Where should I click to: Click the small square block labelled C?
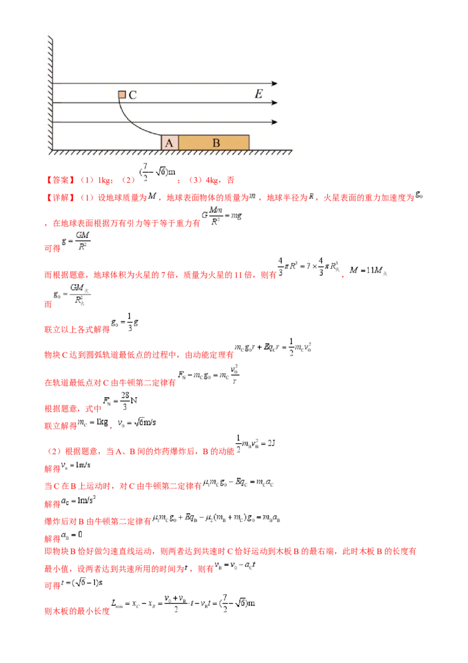point(122,94)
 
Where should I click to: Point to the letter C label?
point(133,95)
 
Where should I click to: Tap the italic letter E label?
point(259,94)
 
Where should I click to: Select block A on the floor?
point(170,142)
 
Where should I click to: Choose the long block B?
point(214,142)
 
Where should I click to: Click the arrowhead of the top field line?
point(274,84)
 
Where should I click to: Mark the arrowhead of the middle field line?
point(274,103)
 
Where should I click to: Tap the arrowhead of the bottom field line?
point(274,122)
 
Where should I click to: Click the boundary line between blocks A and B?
point(178,142)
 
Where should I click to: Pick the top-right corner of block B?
point(249,135)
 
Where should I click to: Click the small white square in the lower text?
point(105,587)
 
